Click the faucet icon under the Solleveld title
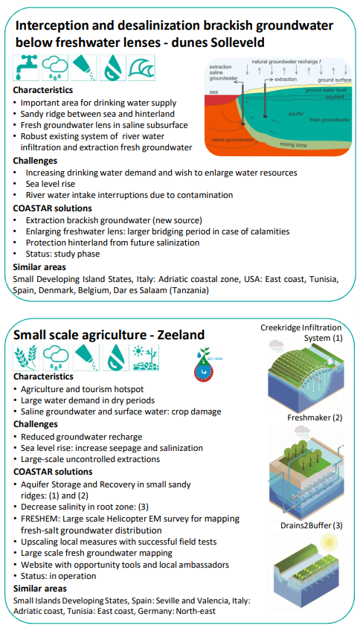25,68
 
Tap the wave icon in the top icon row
141,68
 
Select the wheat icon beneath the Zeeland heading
26,357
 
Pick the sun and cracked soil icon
146,357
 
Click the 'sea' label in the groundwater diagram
213,92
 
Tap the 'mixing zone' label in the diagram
293,144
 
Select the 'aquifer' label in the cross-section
296,114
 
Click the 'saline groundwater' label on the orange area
232,139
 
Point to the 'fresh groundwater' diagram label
330,119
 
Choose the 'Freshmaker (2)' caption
315,417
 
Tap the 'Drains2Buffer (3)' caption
312,525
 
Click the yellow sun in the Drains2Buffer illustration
329,543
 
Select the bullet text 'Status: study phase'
63,254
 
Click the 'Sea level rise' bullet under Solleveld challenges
51,184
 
